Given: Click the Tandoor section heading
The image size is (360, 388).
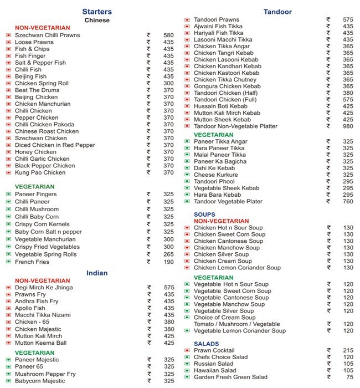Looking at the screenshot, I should coord(277,12).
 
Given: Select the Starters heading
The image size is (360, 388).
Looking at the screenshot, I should coord(97,12).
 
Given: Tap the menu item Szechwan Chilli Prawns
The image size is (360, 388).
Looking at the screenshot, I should coord(47,35).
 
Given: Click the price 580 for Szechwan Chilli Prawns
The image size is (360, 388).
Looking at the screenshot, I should coord(168,35).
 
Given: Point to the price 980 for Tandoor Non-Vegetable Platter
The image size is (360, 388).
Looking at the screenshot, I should coord(347,126).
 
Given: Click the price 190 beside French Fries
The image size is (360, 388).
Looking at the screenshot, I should coord(168,262).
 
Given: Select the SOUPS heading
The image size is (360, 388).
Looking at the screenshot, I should coord(204,214).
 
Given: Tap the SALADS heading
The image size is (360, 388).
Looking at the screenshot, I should coord(206,344).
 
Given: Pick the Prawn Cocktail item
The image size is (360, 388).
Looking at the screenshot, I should coord(214,350).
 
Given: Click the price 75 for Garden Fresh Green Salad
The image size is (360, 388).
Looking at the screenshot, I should coord(349,377).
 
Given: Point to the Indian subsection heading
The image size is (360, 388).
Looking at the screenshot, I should coord(97,273).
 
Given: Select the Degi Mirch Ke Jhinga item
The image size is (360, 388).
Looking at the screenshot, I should coord(44,288).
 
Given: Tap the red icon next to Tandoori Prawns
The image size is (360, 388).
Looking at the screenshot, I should coord(187,20).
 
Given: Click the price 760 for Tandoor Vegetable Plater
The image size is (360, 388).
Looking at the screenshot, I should coord(347,201).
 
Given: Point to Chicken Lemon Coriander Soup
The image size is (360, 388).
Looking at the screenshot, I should coord(237,268).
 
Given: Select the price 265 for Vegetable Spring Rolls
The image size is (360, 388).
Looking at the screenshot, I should coord(168,254).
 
